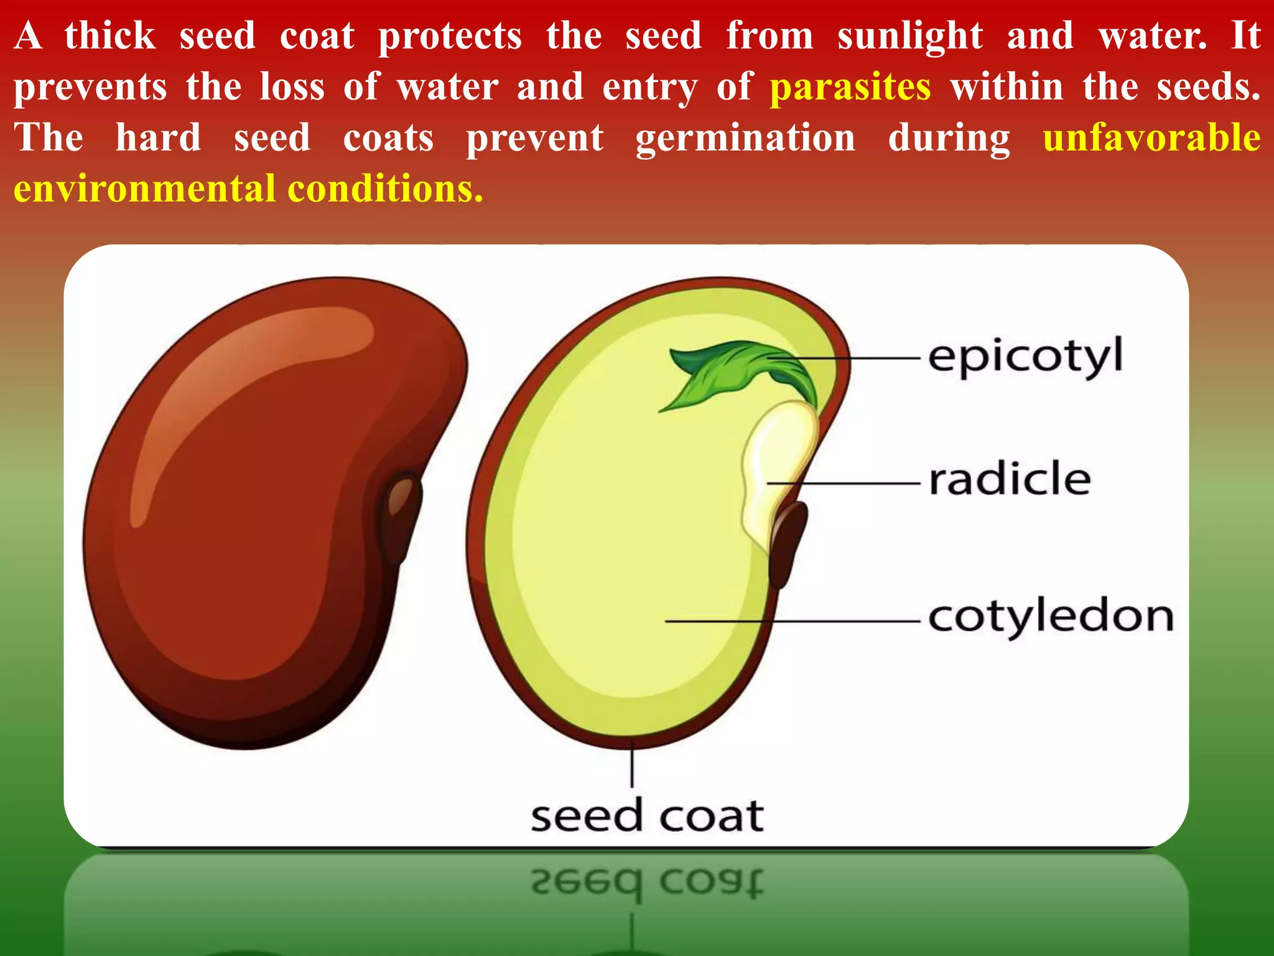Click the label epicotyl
pos(1025,357)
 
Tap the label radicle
pos(1009,480)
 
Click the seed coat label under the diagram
pos(647,816)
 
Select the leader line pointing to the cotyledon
pos(790,621)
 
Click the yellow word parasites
pos(850,87)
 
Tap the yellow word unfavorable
pos(1151,138)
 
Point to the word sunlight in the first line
pos(909,36)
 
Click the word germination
pos(745,138)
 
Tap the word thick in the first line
pos(109,36)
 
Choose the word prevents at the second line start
pos(90,87)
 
